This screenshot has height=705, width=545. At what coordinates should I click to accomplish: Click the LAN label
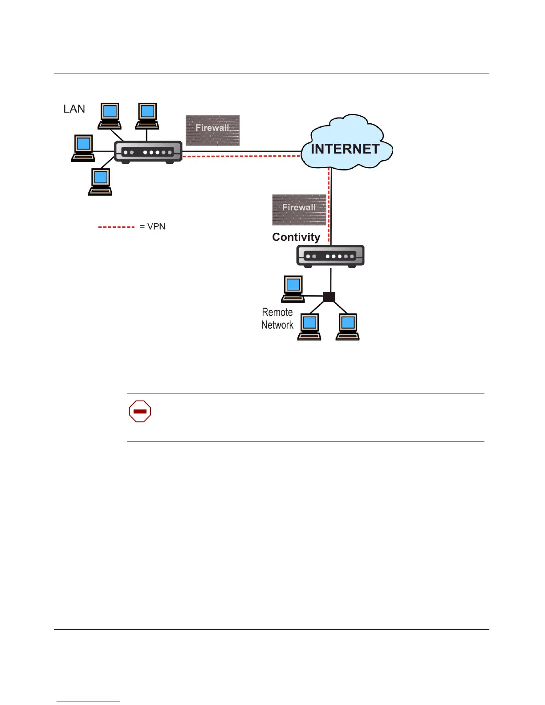coord(74,109)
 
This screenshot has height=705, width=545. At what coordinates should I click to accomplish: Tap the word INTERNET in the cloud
coord(345,149)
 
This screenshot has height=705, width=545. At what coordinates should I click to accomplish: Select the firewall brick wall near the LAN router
coord(212,130)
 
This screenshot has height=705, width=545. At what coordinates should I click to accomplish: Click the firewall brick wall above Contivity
coord(299,209)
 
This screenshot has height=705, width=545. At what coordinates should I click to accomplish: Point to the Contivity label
coord(296,237)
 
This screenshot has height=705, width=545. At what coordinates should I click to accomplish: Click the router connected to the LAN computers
coord(148,152)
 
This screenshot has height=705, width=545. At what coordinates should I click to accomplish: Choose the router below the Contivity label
coord(330,256)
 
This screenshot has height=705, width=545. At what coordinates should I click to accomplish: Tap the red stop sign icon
coord(140,411)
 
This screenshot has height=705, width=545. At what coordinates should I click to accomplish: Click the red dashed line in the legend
coord(116,227)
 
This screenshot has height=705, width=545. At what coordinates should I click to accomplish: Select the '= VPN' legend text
coord(152,227)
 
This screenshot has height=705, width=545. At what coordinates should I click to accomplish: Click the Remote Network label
coord(277,319)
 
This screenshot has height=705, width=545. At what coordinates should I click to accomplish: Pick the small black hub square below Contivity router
coord(329,296)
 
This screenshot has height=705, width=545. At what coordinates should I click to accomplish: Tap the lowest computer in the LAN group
coord(100,182)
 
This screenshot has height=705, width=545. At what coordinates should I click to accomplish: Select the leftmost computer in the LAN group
coord(83,148)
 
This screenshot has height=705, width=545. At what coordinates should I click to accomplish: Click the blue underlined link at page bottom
coord(88,701)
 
